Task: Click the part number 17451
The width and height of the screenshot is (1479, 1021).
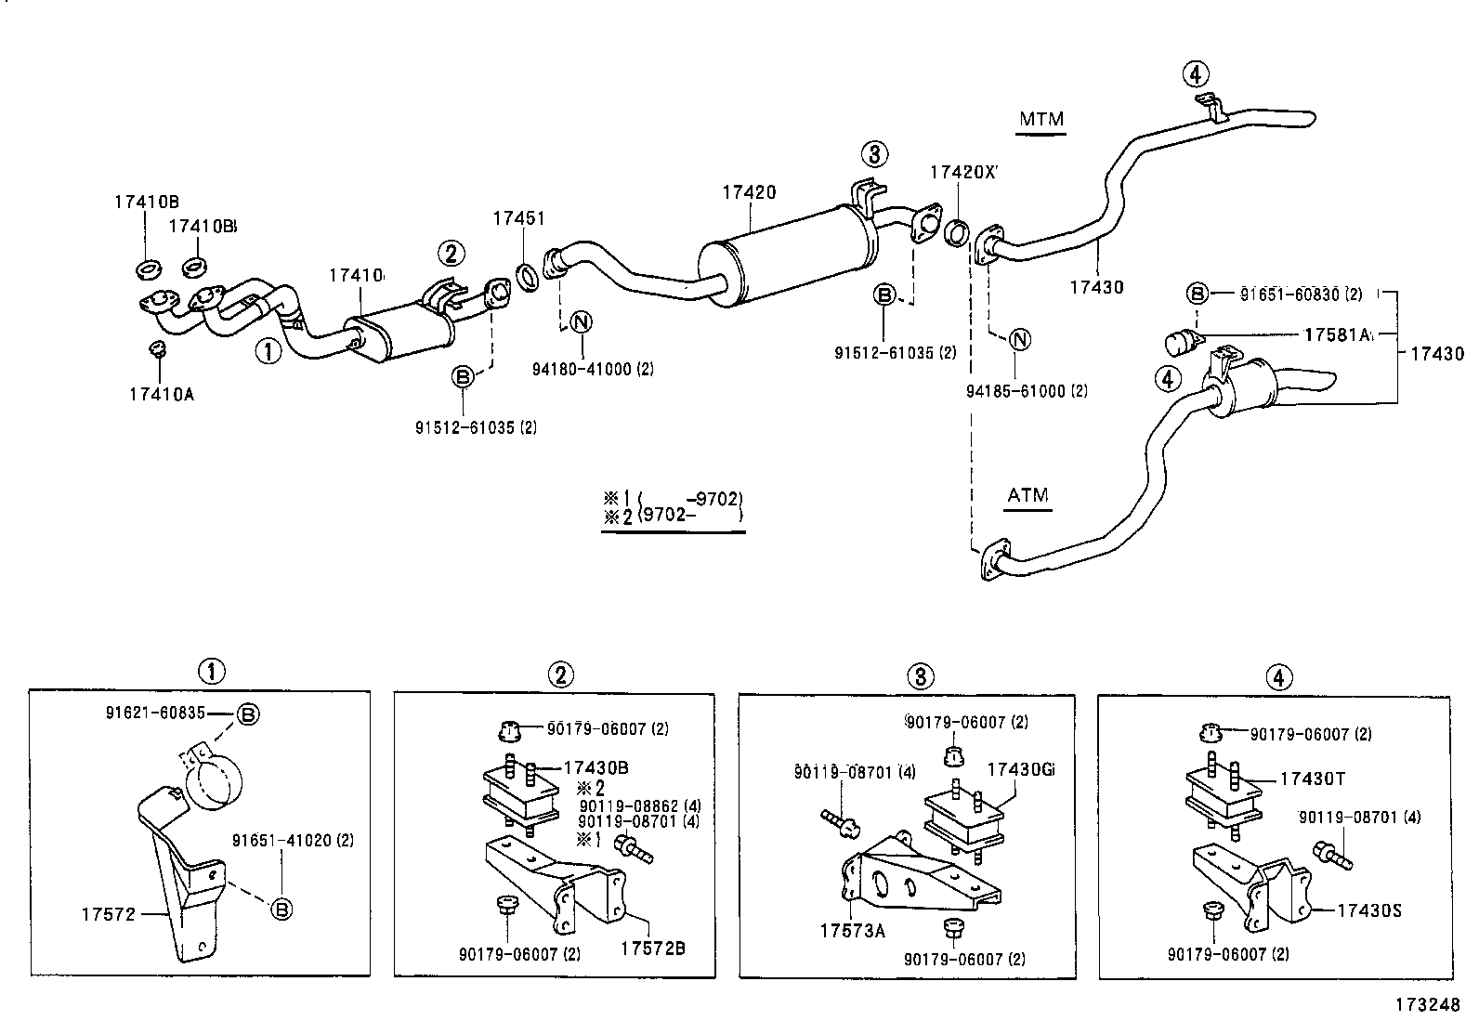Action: [x=518, y=218]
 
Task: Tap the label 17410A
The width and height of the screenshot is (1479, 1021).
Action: [x=162, y=394]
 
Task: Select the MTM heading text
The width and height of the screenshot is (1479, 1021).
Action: [x=1041, y=119]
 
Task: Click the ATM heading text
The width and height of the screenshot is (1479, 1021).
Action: [x=1027, y=495]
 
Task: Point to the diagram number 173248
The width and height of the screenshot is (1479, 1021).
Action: [x=1426, y=1005]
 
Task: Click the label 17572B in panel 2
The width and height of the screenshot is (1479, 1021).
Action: [x=653, y=949]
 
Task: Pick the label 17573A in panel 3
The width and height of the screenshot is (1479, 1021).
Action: [x=852, y=929]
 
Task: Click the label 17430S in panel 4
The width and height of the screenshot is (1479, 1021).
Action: [x=1369, y=910]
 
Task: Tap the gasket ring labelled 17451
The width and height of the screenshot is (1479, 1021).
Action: [x=527, y=275]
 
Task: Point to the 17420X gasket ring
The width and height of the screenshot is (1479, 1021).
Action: [x=957, y=233]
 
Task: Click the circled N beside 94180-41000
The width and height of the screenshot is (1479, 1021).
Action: [x=582, y=322]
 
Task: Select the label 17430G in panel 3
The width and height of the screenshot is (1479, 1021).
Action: [x=1020, y=770]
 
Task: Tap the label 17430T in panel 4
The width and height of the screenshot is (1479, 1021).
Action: [x=1313, y=779]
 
